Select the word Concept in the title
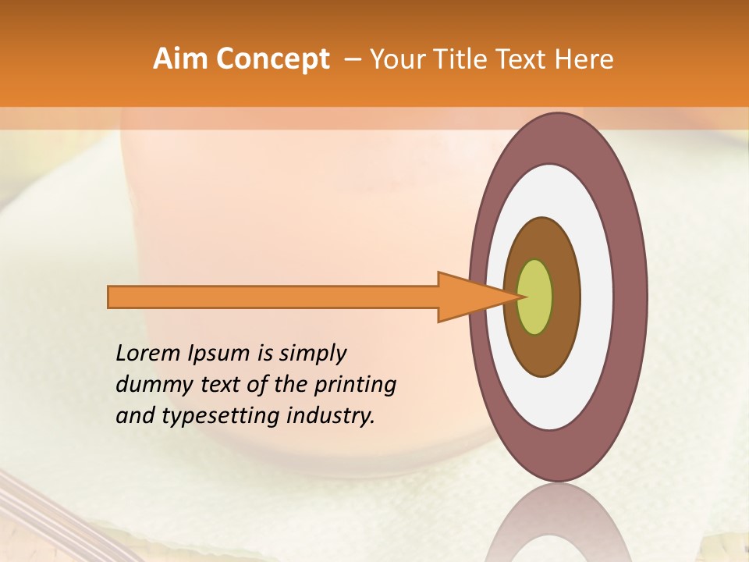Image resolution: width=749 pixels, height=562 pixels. tap(272, 59)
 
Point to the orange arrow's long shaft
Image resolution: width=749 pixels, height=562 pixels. tap(273, 297)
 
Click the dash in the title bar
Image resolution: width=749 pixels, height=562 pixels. tap(352, 59)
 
